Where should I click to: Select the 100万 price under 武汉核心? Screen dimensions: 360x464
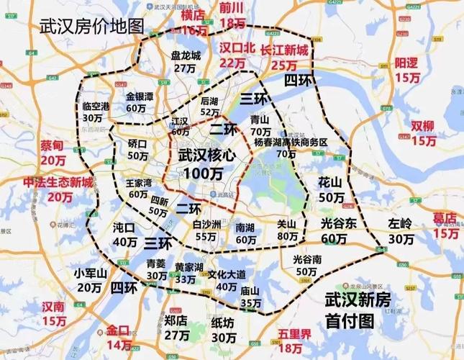[202, 174]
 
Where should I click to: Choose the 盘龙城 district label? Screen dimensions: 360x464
[185, 55]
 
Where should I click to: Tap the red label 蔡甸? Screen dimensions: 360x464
[53, 145]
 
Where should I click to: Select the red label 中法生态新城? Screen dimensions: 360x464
[58, 183]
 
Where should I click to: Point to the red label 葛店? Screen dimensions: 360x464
[445, 217]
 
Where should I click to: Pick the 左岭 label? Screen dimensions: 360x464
[400, 223]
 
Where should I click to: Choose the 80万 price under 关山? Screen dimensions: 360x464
[287, 235]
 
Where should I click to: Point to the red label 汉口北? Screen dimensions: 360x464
[232, 49]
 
